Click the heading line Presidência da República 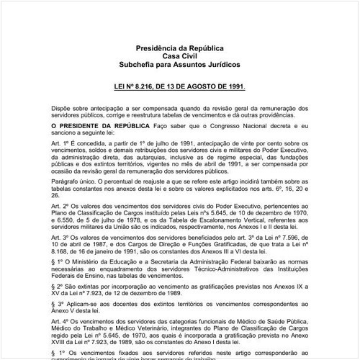coord(180,48)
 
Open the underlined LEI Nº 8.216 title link coord(180,85)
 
